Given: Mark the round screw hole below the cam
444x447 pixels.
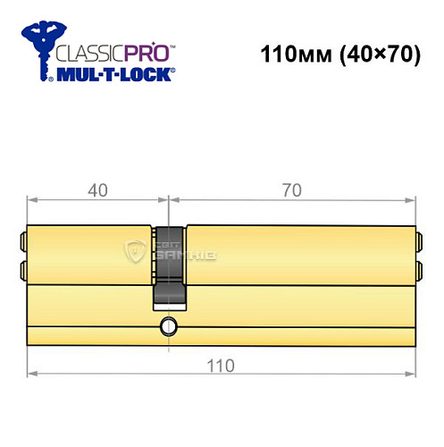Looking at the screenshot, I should coord(166,327).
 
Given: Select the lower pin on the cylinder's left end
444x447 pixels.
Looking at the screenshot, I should coord(22,269).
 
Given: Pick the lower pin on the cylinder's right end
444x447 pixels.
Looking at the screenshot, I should coord(417,269).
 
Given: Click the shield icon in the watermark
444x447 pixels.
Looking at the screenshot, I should coord(137,252).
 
